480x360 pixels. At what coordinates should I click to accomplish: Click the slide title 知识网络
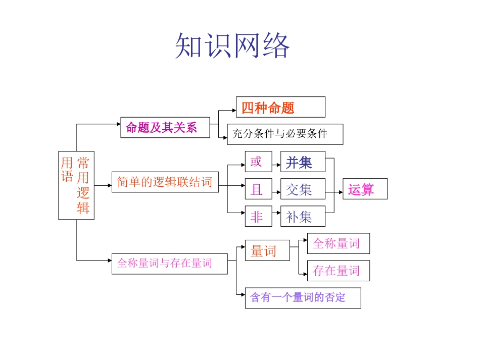point(232,46)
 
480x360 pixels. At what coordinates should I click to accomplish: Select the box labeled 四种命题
point(280,108)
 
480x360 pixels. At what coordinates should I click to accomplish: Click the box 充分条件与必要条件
point(285,134)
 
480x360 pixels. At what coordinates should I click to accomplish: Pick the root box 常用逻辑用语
point(76,185)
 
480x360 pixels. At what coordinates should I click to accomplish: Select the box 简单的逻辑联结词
point(165,182)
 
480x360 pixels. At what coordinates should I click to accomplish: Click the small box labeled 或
point(258,162)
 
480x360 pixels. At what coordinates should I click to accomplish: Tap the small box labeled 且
point(258,189)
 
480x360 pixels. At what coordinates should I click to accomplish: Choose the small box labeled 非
point(258,217)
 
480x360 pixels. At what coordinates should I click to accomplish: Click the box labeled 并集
point(303,162)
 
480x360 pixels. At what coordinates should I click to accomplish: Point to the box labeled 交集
point(303,189)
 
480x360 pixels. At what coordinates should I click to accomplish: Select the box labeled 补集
point(303,217)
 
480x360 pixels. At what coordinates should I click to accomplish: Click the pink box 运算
point(365,189)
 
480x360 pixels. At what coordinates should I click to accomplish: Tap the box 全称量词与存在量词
point(169,264)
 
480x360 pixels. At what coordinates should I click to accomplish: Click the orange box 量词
point(267,250)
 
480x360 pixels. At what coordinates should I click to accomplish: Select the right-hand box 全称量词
point(338,243)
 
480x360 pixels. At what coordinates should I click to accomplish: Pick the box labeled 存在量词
point(338,271)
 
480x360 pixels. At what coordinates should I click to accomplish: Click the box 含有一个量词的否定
point(303,298)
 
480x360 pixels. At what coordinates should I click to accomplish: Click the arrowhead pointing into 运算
point(340,192)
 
